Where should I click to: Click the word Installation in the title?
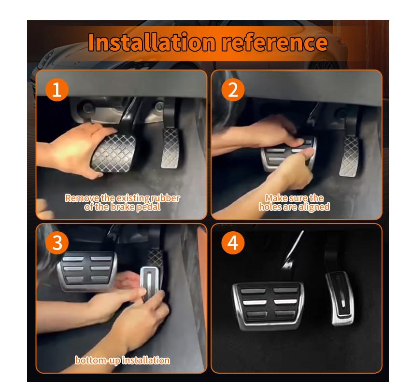coord(152,42)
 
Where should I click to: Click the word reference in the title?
coord(275,42)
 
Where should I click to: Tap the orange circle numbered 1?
coord(57,90)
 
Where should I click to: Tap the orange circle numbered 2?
coord(233,90)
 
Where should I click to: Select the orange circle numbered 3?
coord(57,242)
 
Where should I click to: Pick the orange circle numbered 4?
coord(233,242)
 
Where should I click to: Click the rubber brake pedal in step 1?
coord(113,154)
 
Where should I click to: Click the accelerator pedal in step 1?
coord(170,148)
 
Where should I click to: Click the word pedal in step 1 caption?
coord(148,207)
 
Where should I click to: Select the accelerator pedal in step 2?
coord(349,156)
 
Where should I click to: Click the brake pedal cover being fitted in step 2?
coord(288,154)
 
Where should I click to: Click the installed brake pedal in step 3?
coord(87,272)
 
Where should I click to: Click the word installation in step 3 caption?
coord(146,361)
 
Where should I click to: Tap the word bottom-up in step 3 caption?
coord(98,361)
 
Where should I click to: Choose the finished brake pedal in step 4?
coord(269,306)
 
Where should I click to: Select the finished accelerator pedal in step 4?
coord(340,298)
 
